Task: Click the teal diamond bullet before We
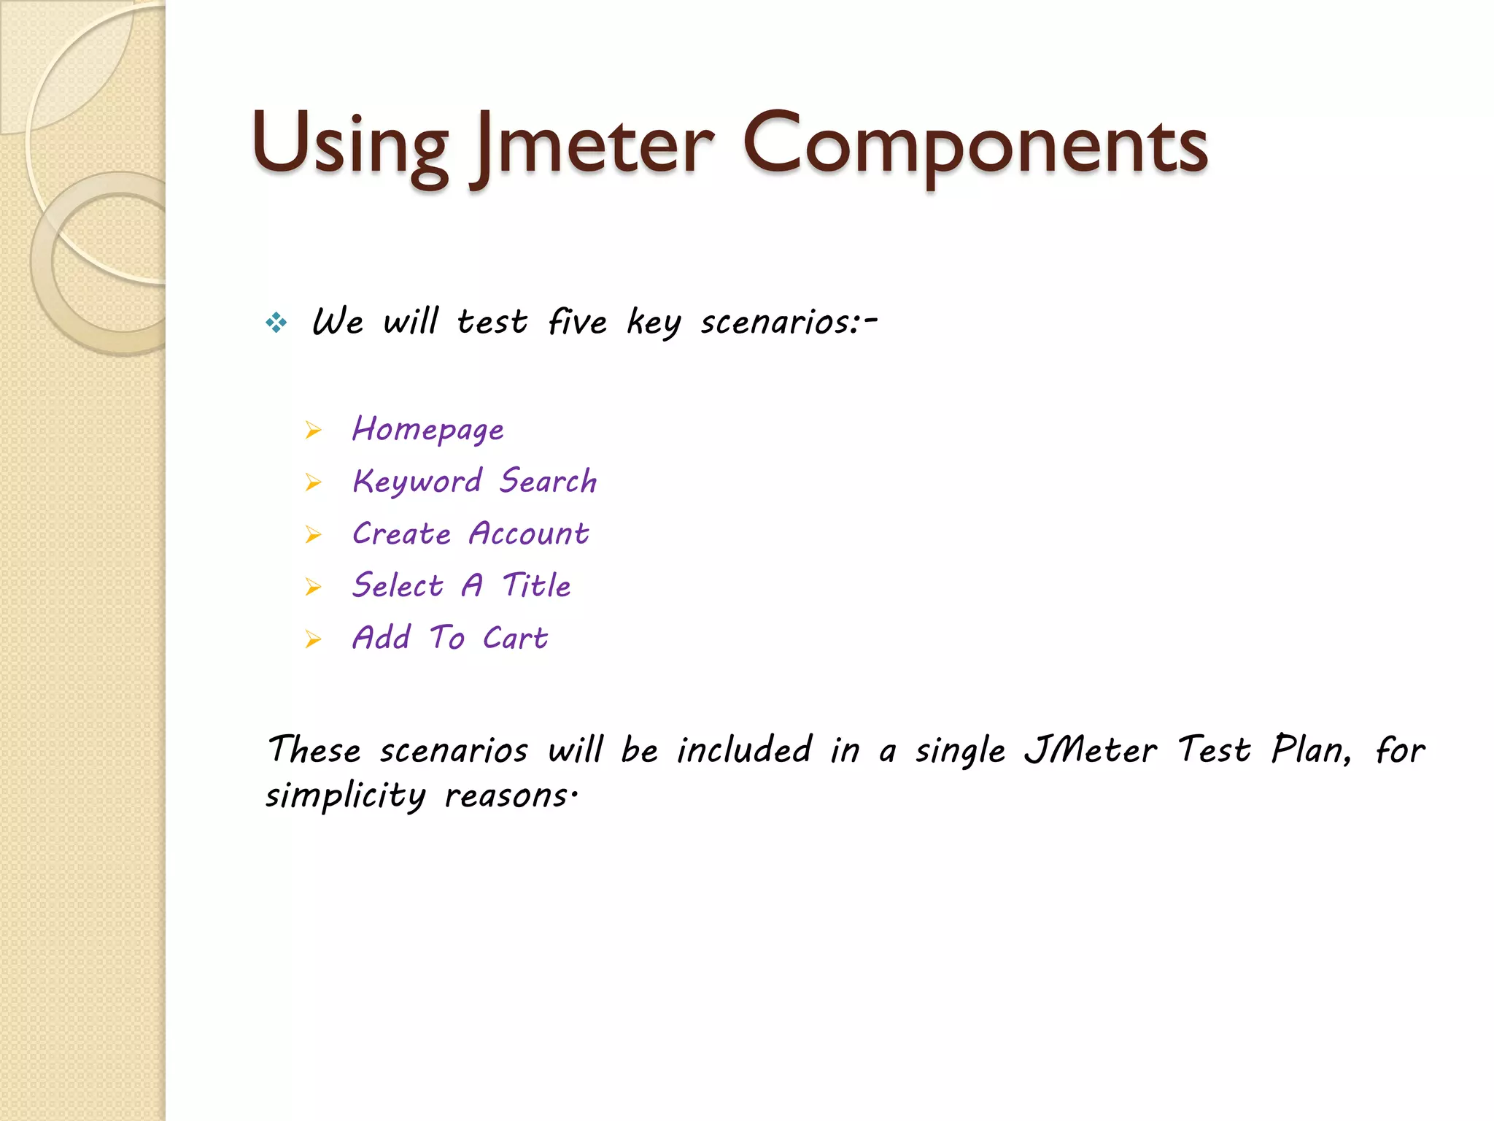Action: pos(276,322)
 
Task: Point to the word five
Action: pos(577,322)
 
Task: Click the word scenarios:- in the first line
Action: pos(788,322)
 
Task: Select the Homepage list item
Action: pos(427,429)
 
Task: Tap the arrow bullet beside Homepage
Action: pos(314,430)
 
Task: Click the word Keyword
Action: pos(417,482)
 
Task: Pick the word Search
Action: pos(548,481)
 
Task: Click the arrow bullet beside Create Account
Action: pos(314,535)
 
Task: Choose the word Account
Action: pos(529,533)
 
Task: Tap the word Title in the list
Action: pos(537,585)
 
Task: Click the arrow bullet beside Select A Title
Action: pos(314,587)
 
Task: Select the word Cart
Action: pos(515,638)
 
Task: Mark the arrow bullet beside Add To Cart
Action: pos(314,640)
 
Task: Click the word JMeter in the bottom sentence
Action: pos(1091,750)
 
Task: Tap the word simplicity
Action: pos(345,796)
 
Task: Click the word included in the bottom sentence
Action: pos(744,750)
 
